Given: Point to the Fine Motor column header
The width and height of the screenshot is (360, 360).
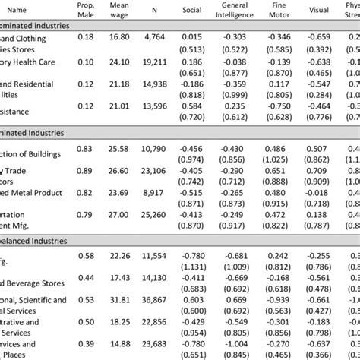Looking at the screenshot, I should pyautogui.click(x=286, y=11).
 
